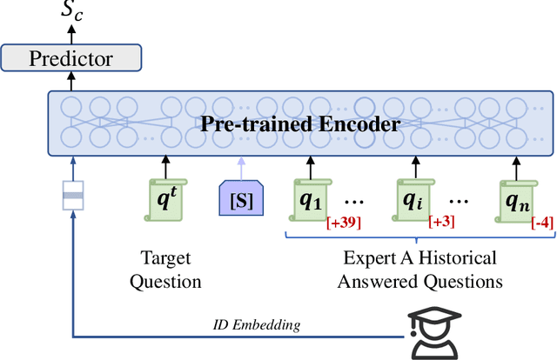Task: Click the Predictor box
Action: click(x=71, y=59)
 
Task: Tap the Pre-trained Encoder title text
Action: click(x=300, y=123)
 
